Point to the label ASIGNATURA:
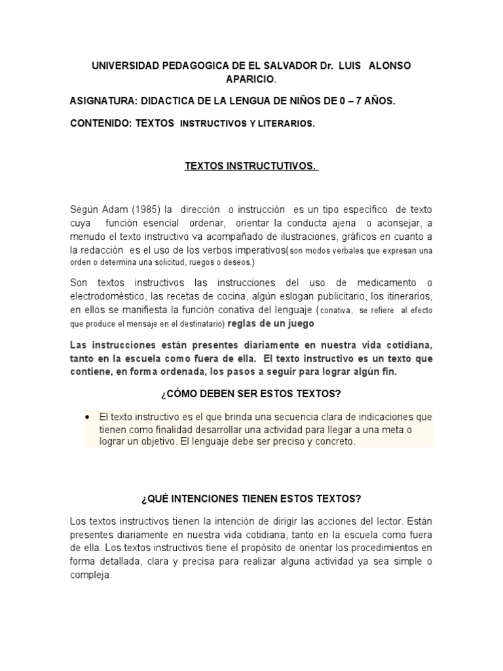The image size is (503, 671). tap(103, 102)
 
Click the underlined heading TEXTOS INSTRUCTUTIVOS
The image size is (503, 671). tap(251, 166)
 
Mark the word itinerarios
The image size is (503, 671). tap(404, 296)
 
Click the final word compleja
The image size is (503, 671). tap(91, 575)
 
